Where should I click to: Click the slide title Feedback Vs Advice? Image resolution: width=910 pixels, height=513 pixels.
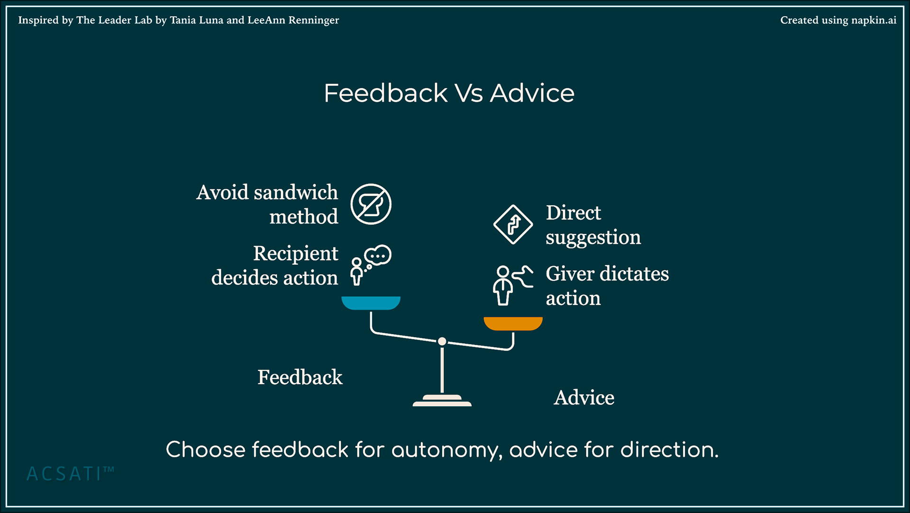tap(449, 93)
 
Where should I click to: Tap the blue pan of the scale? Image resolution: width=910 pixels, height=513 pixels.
tap(371, 302)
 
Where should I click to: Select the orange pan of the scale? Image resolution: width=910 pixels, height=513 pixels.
tap(513, 323)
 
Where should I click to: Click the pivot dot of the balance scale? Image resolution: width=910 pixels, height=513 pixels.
tap(442, 341)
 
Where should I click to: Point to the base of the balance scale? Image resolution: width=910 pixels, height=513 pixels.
tap(442, 401)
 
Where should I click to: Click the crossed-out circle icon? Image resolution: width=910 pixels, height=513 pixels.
tap(371, 204)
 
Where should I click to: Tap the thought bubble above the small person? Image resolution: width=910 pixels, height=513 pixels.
tap(378, 256)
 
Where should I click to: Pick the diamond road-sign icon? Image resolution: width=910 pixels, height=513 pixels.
tap(513, 224)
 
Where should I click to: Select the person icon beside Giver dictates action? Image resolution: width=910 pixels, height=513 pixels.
tap(503, 285)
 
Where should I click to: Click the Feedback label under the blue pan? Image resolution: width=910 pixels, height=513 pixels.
tap(300, 377)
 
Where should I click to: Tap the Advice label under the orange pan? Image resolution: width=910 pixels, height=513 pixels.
tap(584, 398)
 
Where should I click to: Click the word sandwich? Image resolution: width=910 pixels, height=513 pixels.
tap(296, 192)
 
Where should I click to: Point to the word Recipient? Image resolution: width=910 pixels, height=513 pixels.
tap(296, 254)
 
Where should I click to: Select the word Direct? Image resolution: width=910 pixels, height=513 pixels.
tap(573, 213)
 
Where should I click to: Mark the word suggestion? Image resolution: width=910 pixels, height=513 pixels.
tap(593, 238)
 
